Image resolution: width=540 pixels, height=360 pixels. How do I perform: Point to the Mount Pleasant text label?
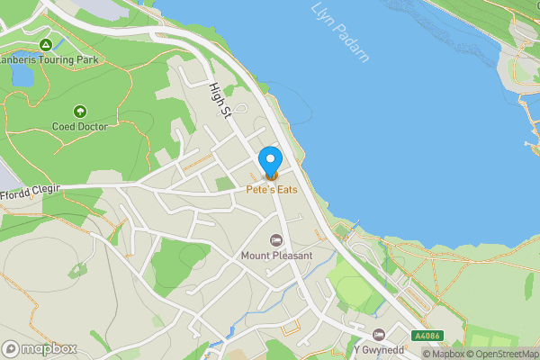276,256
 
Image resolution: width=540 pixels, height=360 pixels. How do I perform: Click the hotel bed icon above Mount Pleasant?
276,240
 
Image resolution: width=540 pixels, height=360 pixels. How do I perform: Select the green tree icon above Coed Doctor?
80,112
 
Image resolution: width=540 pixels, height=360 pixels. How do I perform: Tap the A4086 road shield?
427,336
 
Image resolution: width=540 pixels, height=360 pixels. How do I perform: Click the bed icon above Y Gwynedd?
379,335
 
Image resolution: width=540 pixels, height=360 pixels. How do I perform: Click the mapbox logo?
40,348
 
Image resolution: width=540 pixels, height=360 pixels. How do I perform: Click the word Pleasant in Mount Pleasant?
292,256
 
